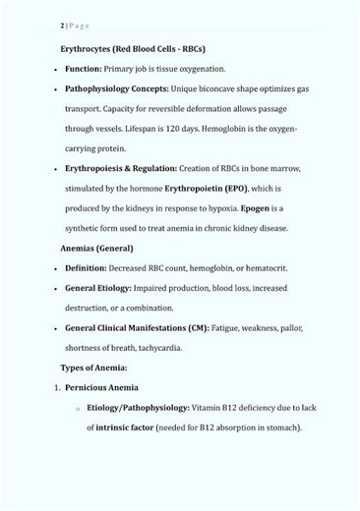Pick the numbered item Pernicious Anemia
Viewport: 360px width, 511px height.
(101, 387)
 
